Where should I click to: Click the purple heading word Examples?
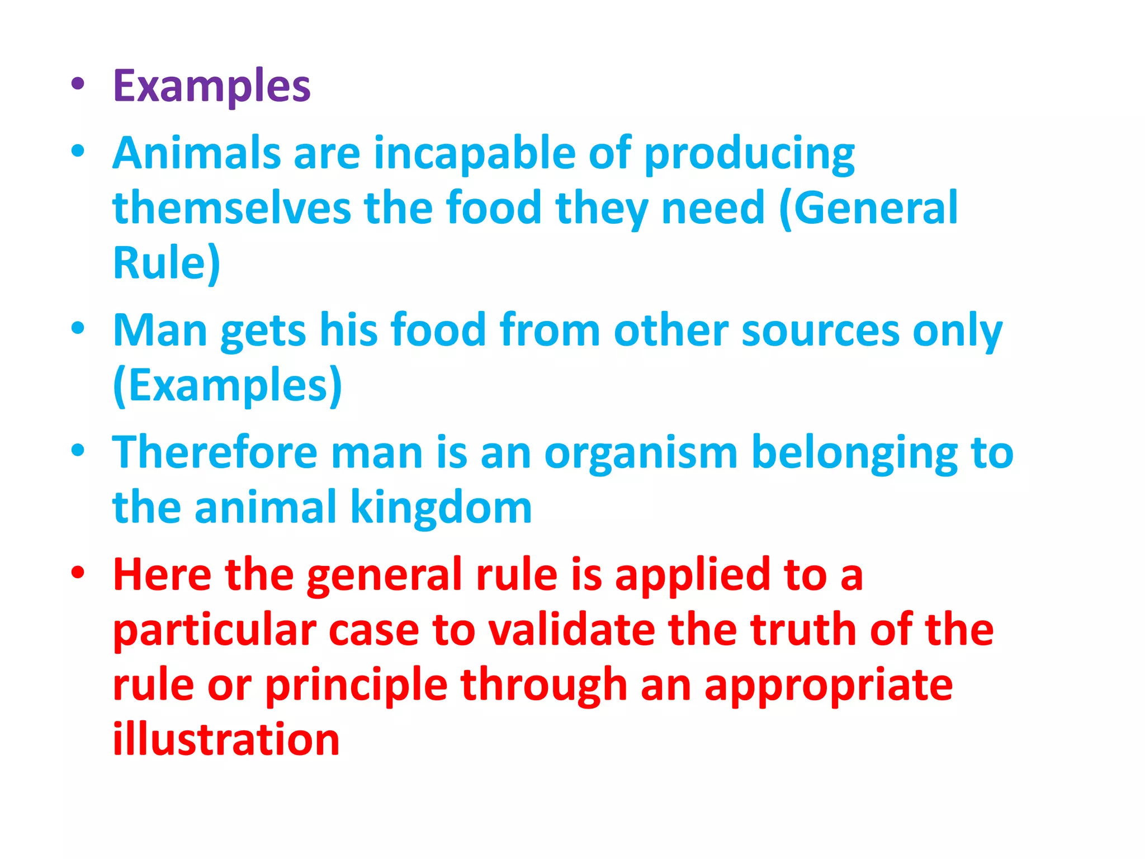coord(211,87)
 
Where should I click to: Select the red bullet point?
coord(78,573)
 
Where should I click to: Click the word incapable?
coord(475,153)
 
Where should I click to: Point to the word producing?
coord(749,154)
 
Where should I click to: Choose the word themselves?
coord(231,208)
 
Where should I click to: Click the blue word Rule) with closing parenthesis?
coord(167,263)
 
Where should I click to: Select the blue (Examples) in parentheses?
coord(227,385)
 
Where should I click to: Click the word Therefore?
coord(215,452)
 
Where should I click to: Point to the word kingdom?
coord(441,508)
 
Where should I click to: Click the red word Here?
coord(162,574)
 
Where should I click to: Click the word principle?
coord(356,686)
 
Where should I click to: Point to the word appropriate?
coord(829,686)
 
